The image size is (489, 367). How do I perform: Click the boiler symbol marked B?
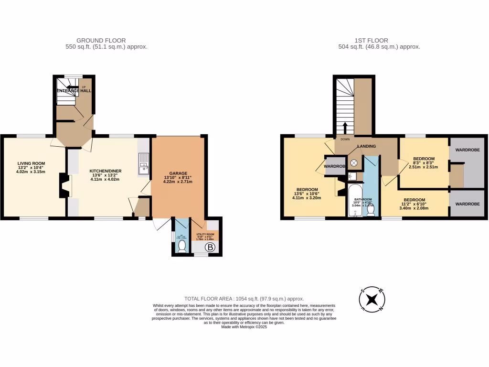coord(209,248)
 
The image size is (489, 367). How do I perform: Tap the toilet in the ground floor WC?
coord(181,246)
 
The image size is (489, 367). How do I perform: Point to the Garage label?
coord(178,173)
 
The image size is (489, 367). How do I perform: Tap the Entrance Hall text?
coord(74,90)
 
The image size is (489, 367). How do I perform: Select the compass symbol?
coord(372,300)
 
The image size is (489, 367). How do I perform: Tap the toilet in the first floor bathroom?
coord(371,210)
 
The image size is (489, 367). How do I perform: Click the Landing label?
coord(366,146)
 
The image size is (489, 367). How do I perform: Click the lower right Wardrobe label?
coord(468,204)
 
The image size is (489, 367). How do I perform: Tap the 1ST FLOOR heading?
coord(372,41)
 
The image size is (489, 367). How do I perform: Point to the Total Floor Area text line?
coord(244,299)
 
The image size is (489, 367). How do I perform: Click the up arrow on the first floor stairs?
coord(345,128)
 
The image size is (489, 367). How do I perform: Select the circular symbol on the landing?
coord(354,162)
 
